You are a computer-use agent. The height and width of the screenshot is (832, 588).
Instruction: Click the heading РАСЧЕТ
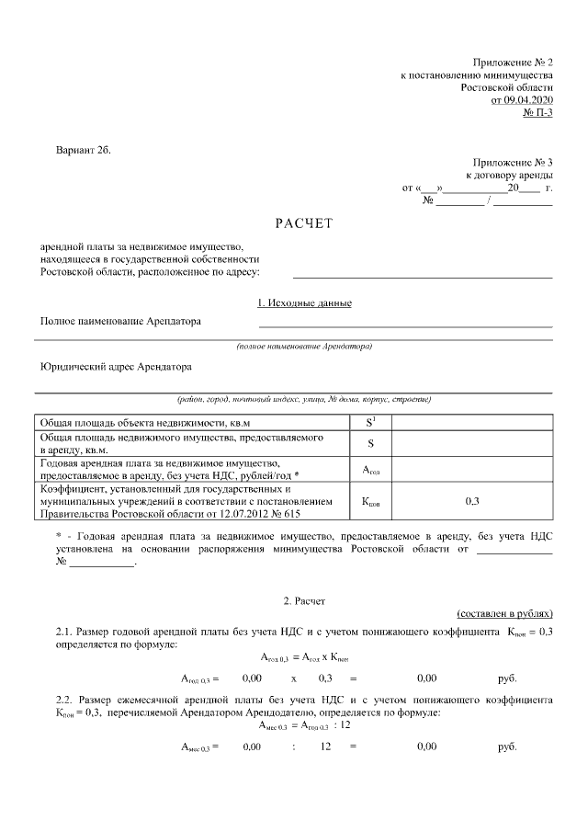(x=303, y=223)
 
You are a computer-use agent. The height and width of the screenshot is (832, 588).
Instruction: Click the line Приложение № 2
(x=513, y=60)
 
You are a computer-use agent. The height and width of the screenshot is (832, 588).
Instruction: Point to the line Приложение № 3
(x=513, y=161)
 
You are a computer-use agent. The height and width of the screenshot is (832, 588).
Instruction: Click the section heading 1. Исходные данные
(x=304, y=303)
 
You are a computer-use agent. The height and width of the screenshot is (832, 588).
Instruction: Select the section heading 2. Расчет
(x=304, y=600)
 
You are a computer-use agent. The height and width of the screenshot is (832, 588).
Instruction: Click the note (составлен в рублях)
(x=504, y=613)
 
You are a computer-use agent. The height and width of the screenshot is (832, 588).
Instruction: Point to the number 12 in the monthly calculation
(x=324, y=747)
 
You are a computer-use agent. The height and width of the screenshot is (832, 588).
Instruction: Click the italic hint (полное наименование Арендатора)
(x=304, y=348)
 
